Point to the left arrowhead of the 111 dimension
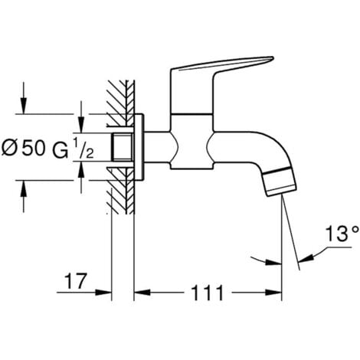(140, 292)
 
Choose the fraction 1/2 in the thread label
(87, 150)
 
